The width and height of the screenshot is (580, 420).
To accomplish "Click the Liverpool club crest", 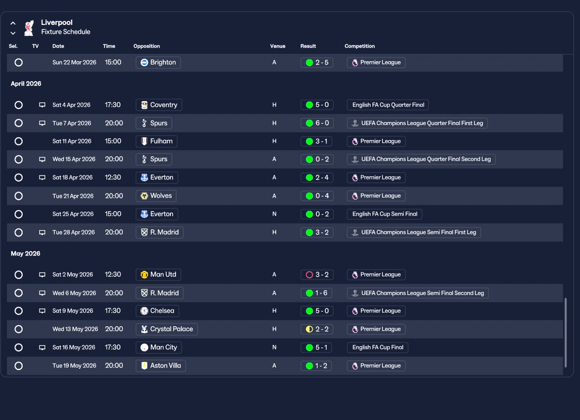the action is (x=29, y=28).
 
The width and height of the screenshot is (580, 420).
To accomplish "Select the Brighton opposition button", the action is (x=158, y=63).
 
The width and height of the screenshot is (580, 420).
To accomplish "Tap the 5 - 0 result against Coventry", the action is (x=317, y=105).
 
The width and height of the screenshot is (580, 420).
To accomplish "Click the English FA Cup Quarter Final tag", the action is (x=388, y=105).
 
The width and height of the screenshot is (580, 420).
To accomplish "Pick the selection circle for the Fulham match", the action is (x=19, y=141).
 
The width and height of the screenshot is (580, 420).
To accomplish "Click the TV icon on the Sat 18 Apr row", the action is (x=42, y=177).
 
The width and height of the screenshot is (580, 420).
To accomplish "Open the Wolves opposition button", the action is (x=156, y=196).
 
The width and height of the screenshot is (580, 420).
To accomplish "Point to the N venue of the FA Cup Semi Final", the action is (x=274, y=214).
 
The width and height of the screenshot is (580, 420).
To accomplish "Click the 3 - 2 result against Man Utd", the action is (x=317, y=275).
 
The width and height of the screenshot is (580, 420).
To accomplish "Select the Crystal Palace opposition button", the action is (x=167, y=329).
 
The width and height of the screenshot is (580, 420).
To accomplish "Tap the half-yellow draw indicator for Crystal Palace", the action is (x=309, y=329).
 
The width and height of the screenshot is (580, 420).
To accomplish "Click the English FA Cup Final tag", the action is (x=377, y=348).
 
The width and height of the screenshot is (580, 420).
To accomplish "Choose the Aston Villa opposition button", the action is (x=161, y=366).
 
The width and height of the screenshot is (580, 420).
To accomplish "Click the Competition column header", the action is (x=360, y=46).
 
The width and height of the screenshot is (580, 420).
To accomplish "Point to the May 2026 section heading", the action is (x=25, y=254).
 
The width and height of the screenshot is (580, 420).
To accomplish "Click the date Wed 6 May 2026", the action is (x=74, y=293).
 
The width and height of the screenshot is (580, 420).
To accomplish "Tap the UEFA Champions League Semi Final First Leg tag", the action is (x=414, y=232).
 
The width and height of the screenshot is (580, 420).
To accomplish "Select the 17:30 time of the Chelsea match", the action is (x=113, y=311).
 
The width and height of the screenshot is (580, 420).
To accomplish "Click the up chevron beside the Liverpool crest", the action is (x=13, y=23).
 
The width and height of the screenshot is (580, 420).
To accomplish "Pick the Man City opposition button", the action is (x=159, y=348).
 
